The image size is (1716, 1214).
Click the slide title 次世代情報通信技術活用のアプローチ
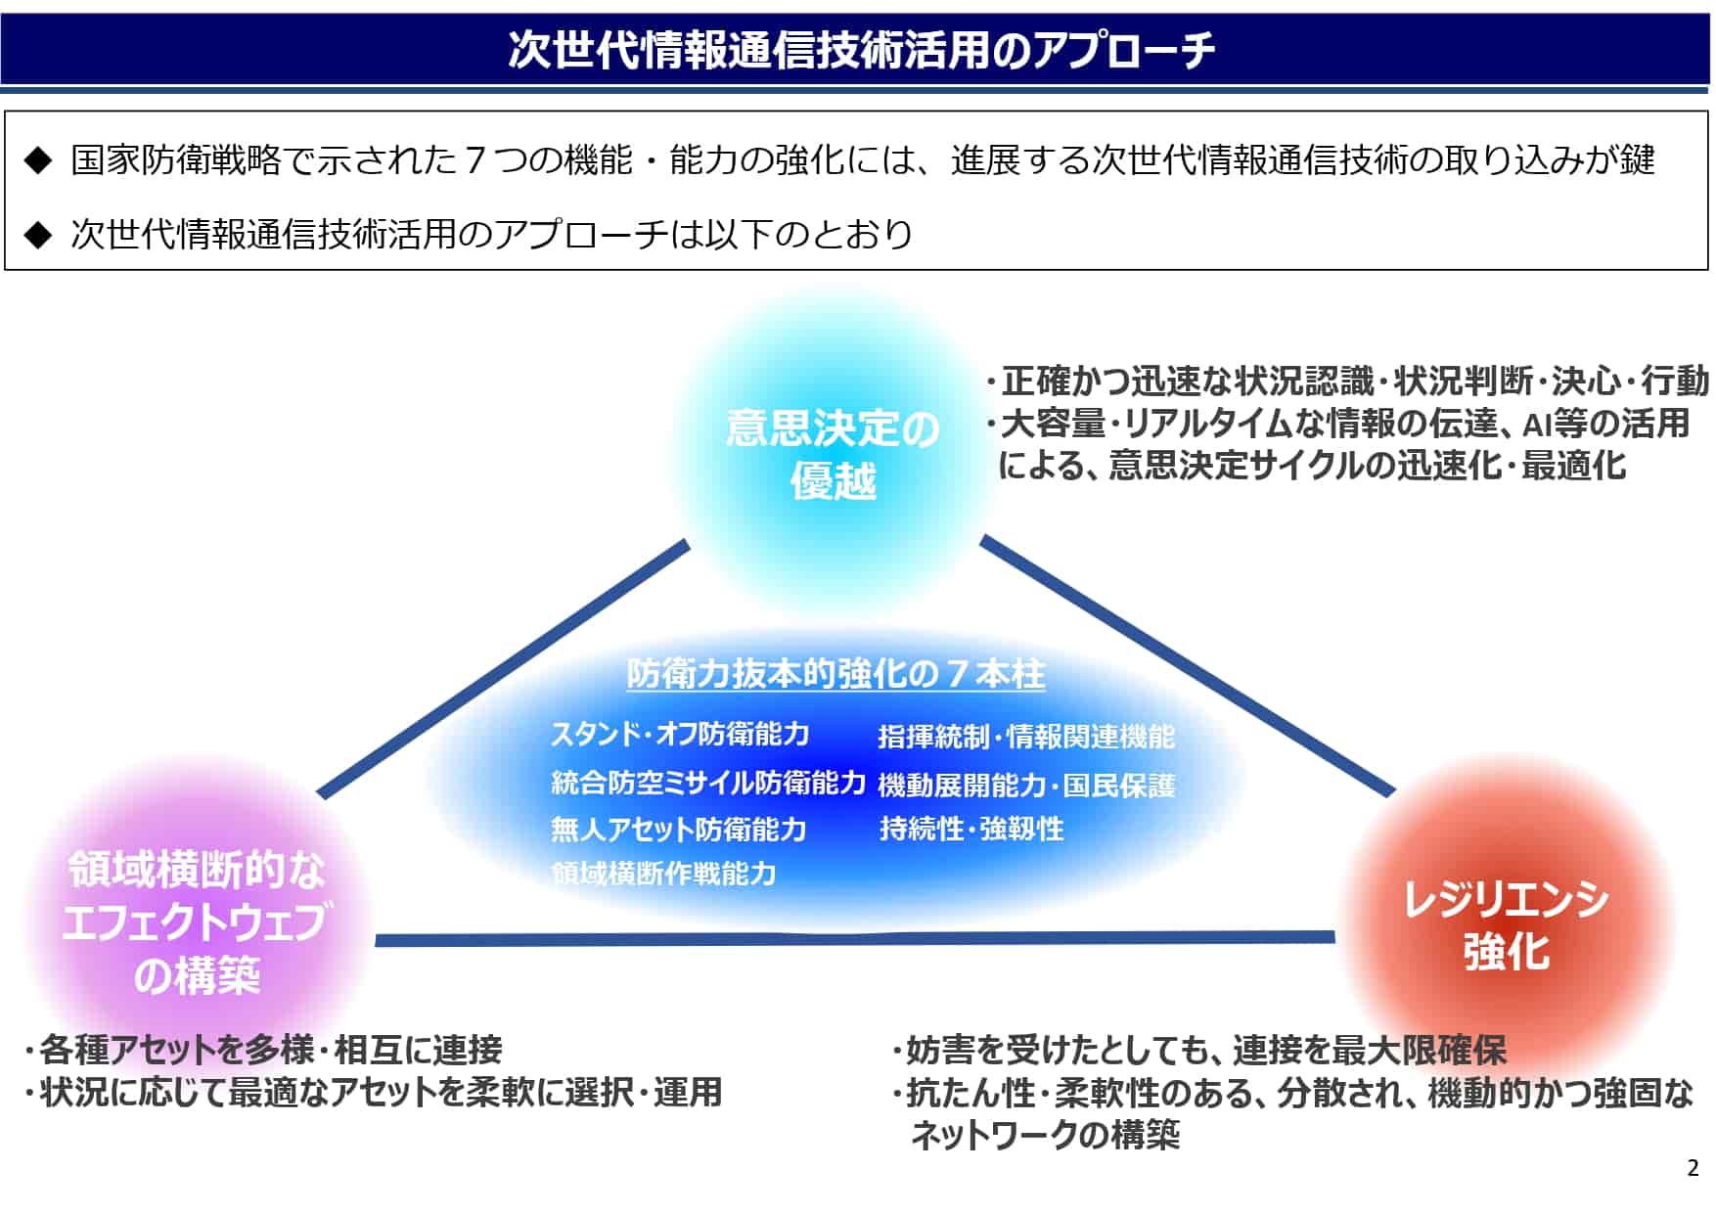[x=861, y=49]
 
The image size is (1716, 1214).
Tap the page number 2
[x=1693, y=1168]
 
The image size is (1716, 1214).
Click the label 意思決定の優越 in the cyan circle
[x=833, y=454]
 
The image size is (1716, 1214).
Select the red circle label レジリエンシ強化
[x=1506, y=924]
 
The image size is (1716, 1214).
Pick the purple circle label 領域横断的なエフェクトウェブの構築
[x=196, y=922]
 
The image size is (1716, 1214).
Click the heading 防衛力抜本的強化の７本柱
[x=835, y=673]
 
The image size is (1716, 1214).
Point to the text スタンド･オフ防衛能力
[x=680, y=734]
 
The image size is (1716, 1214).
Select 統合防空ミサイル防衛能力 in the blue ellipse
[x=708, y=782]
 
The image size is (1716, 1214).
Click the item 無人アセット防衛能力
[x=678, y=829]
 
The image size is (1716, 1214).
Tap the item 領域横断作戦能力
[x=663, y=873]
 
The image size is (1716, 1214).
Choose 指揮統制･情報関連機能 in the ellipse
[x=1026, y=736]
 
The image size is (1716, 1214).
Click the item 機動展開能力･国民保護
[x=1026, y=785]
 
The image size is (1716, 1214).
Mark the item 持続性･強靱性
[x=971, y=829]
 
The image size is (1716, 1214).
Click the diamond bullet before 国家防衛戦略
[x=37, y=160]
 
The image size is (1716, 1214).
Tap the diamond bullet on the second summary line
[x=37, y=235]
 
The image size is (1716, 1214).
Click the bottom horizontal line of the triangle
[x=855, y=939]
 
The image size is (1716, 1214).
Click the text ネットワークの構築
[x=1045, y=1135]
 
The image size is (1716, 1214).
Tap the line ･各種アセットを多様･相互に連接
[x=263, y=1050]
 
